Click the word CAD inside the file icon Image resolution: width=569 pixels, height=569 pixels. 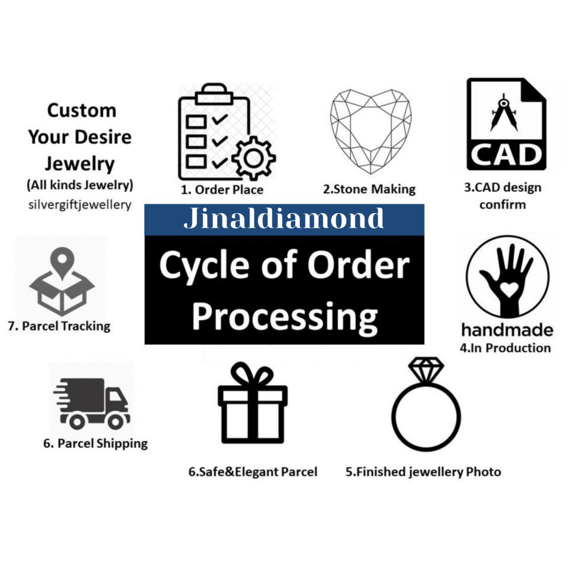click(x=506, y=155)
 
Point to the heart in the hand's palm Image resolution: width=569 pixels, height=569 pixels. click(x=509, y=289)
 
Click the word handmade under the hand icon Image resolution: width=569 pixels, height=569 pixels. click(x=507, y=330)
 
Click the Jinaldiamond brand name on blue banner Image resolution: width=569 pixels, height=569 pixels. click(x=284, y=218)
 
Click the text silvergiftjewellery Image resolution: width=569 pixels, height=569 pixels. click(x=80, y=205)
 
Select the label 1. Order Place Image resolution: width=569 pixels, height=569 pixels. click(x=222, y=190)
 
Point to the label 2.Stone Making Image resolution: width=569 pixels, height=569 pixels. click(x=369, y=189)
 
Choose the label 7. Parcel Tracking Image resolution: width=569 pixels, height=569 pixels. click(x=59, y=326)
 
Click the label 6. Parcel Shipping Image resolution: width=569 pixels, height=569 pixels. click(x=95, y=443)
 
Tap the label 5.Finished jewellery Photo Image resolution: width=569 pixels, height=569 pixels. click(x=423, y=472)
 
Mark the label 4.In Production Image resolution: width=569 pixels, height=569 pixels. click(x=505, y=348)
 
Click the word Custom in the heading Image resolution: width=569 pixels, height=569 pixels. click(x=82, y=110)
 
